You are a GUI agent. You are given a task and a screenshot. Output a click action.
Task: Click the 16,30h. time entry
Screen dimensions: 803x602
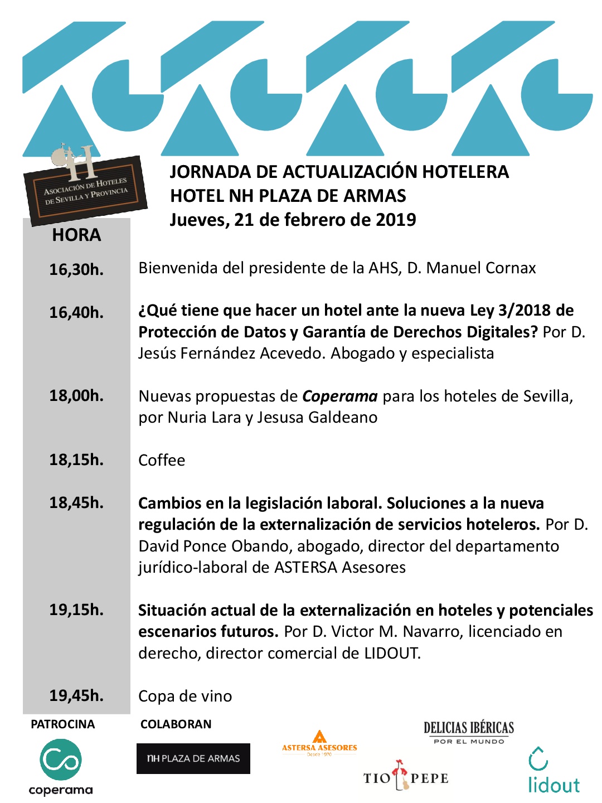coord(76,269)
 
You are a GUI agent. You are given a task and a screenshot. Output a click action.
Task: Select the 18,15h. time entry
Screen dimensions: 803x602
coord(76,460)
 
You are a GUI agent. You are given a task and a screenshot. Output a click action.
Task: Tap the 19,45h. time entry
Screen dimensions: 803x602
coord(76,696)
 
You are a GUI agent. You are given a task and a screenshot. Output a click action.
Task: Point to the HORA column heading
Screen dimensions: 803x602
coord(76,235)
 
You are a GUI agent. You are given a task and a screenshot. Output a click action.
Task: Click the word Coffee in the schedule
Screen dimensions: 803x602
coord(162,461)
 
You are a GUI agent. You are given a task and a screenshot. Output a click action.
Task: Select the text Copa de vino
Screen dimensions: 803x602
coord(185,696)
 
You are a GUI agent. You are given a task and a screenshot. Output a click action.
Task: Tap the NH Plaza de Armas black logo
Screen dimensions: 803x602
coord(193,758)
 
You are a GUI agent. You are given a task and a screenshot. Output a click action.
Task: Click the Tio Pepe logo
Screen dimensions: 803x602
coord(406,777)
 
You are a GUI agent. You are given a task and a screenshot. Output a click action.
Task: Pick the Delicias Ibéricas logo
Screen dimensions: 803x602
coord(469,732)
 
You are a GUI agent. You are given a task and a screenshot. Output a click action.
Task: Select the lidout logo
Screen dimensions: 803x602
coord(554,771)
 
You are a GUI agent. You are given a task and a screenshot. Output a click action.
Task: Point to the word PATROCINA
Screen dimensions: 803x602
coord(62,724)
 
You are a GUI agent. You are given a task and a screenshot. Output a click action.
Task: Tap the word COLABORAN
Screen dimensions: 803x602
coord(176,724)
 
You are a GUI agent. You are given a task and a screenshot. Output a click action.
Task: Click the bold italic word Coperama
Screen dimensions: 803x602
coord(340,396)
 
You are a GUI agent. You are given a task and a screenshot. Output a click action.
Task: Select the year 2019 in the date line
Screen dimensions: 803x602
coord(396,220)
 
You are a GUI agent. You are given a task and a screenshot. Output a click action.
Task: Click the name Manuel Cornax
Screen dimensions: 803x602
coord(481,268)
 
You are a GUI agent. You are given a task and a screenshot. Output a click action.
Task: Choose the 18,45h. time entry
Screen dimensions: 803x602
coord(76,503)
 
